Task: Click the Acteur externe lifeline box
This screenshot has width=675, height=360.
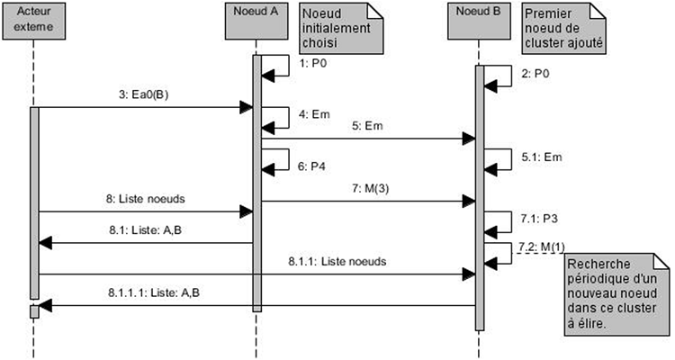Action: click(x=34, y=22)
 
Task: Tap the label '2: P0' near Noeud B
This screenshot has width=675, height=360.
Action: click(x=535, y=75)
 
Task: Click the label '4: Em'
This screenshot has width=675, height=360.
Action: click(x=310, y=114)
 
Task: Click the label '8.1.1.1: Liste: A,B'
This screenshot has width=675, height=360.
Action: click(x=144, y=292)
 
